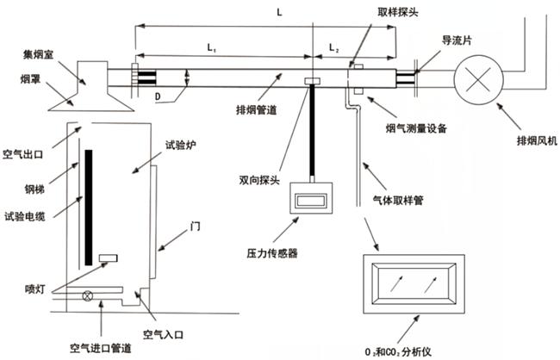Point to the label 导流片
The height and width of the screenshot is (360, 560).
(x=456, y=40)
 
